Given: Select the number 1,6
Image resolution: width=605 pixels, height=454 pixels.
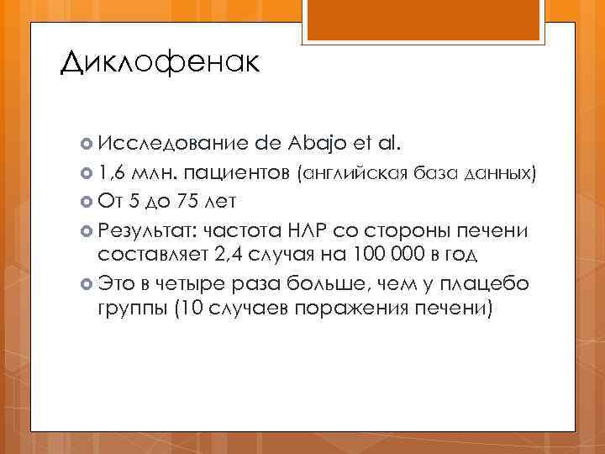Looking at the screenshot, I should [x=110, y=173].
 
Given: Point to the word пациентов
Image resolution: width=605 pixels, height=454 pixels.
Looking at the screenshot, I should [x=235, y=174].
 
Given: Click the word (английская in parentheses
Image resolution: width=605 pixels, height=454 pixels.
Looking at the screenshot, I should [x=357, y=174].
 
